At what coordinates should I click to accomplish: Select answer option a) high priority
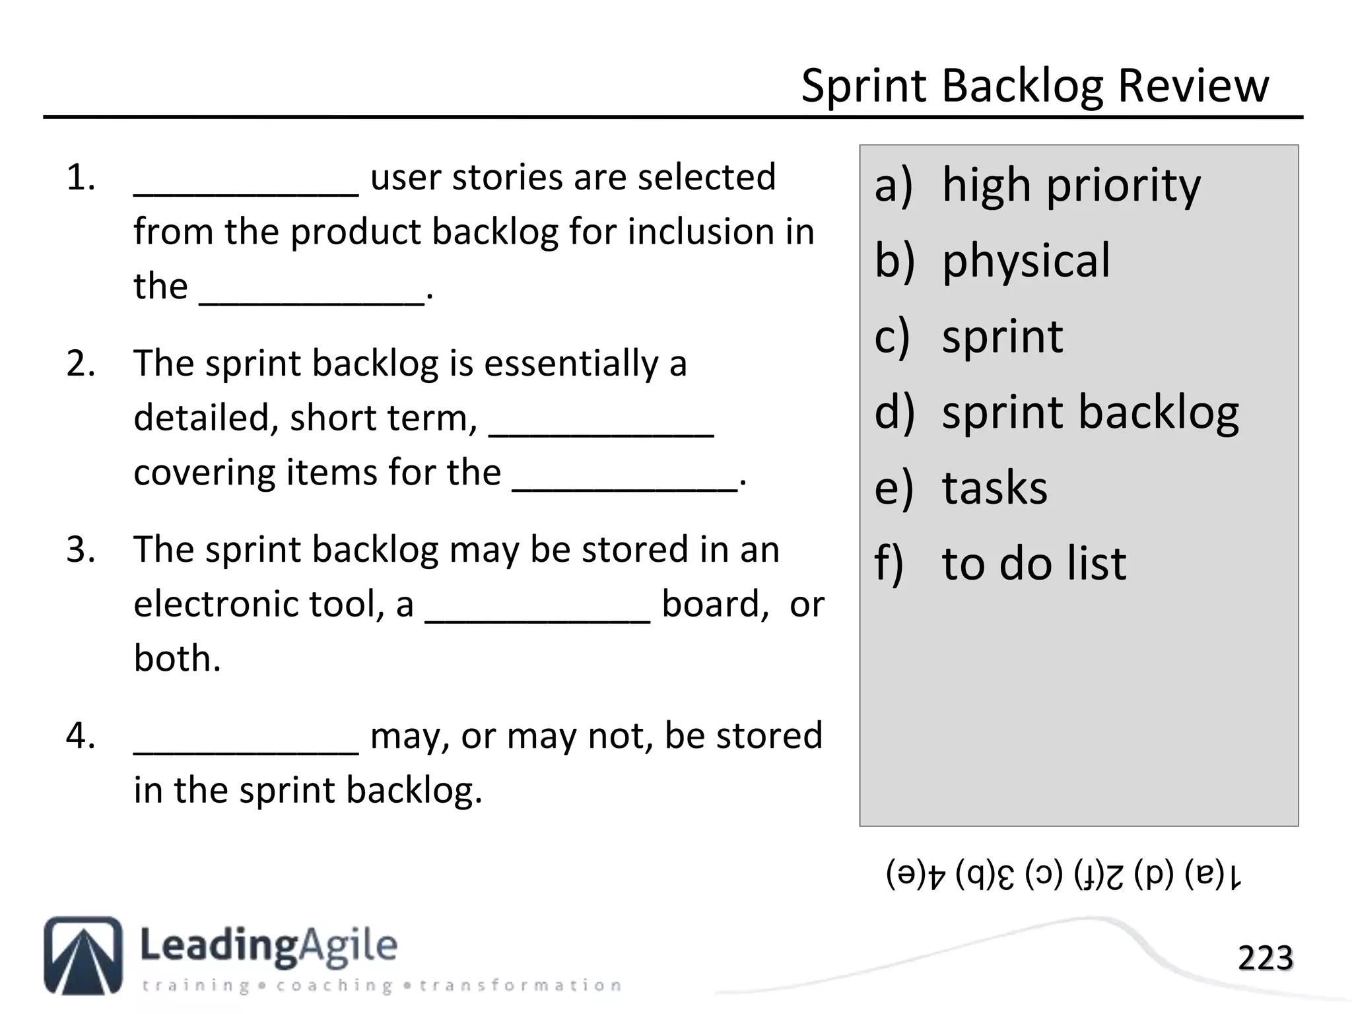tap(1037, 186)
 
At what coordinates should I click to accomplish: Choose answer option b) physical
tap(992, 261)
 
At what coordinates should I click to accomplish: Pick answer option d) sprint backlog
tap(1056, 413)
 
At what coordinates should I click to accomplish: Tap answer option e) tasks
tap(961, 489)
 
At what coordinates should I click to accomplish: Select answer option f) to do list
tap(1000, 564)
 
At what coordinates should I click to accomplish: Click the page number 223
tap(1265, 958)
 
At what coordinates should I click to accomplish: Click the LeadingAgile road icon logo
tap(83, 955)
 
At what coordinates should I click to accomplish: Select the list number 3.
tap(81, 550)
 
